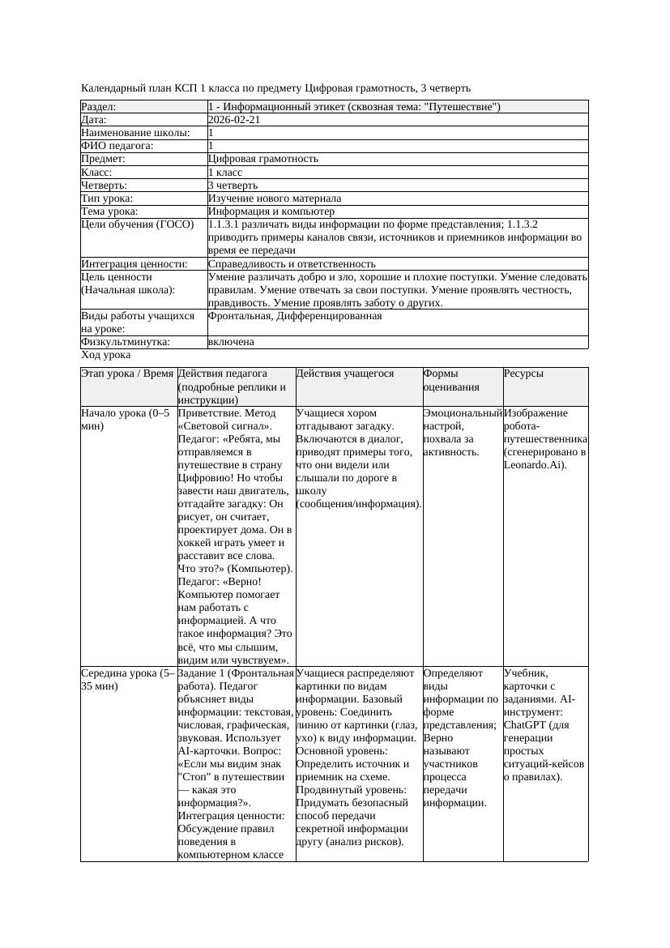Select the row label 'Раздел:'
click(99, 106)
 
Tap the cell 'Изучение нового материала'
click(274, 199)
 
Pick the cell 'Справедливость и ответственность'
click(292, 264)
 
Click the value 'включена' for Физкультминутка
click(231, 342)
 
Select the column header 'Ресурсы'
click(523, 374)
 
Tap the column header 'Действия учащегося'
click(345, 374)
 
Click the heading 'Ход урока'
click(106, 356)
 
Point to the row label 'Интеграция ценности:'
click(134, 264)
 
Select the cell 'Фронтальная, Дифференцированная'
click(294, 316)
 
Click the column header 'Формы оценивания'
click(451, 380)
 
